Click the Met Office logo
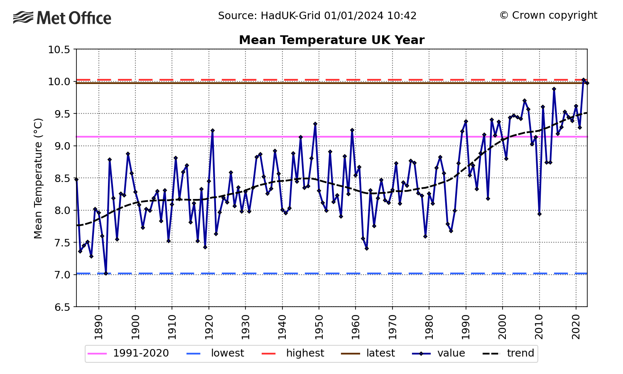coord(62,18)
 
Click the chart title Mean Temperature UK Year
coord(331,40)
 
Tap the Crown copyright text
coord(548,15)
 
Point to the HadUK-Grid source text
coord(317,16)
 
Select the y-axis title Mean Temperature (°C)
coord(38,178)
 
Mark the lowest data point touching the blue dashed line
coord(106,273)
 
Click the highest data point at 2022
coord(584,80)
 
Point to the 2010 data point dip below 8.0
coord(540,214)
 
